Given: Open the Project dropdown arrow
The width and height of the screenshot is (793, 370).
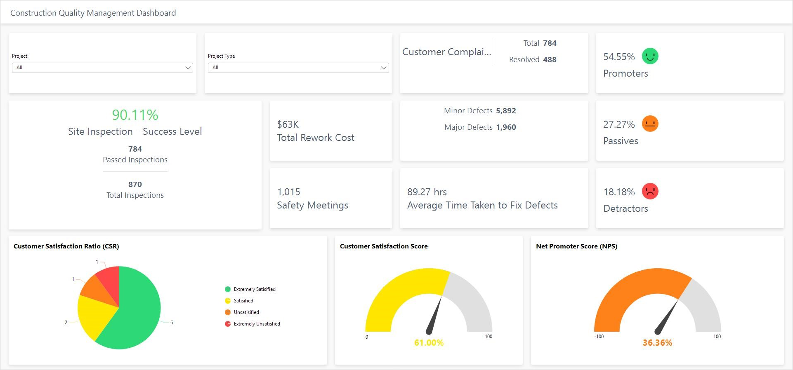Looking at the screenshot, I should point(188,68).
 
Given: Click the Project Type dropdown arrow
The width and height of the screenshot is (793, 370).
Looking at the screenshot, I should point(384,68).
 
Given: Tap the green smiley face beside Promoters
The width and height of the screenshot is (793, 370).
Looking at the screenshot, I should point(650,56).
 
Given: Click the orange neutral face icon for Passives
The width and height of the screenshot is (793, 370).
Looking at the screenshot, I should point(650,124).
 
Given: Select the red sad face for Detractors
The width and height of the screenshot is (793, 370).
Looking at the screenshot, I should point(650,191).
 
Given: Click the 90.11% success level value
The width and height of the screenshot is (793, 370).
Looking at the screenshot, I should point(135,115).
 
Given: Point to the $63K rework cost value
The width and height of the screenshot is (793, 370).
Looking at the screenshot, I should point(288,124).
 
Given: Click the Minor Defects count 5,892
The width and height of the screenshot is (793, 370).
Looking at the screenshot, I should point(506,111).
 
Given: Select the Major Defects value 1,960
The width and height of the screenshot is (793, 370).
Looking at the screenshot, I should point(506,127).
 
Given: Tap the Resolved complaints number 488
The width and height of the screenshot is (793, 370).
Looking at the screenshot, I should point(550,60).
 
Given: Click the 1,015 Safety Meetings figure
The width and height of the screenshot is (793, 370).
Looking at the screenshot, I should point(288,192).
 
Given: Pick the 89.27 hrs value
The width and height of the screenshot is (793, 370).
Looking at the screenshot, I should point(427,192).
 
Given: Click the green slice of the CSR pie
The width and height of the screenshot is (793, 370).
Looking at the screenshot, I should point(136,317).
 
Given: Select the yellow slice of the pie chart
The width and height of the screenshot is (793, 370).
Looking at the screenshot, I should point(93,315).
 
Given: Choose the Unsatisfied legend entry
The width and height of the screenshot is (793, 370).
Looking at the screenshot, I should point(246,312).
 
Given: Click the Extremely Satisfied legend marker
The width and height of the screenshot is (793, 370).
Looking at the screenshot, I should point(228,289).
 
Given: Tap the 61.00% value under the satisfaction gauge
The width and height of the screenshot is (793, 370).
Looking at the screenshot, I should point(429,343).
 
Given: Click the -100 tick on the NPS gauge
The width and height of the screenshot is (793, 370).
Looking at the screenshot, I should point(599,337).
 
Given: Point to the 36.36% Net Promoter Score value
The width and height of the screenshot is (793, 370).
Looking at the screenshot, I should point(657,343).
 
